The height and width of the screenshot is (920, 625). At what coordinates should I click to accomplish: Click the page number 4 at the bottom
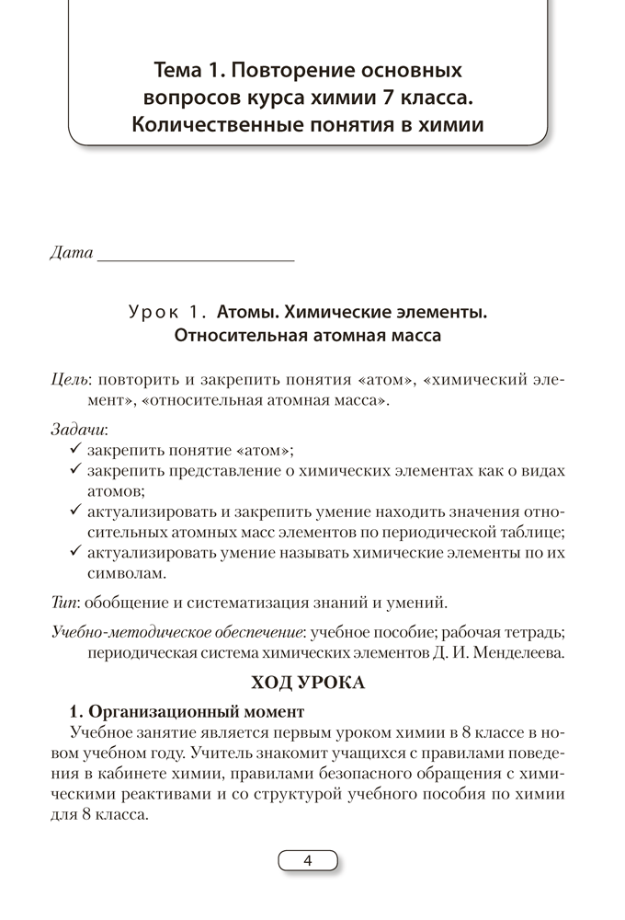click(x=308, y=861)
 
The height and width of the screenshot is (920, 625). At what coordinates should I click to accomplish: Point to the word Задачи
click(x=79, y=428)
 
